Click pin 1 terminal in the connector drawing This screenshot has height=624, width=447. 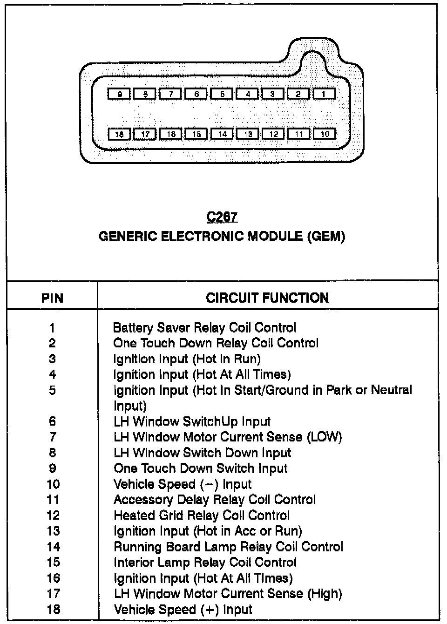click(324, 94)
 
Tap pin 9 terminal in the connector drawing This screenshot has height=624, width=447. click(120, 94)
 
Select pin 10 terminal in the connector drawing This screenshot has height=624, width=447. click(325, 134)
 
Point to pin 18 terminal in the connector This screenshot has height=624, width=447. click(120, 134)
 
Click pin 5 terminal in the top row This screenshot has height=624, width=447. click(222, 94)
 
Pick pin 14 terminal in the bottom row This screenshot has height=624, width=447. click(222, 134)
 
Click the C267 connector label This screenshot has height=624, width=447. click(222, 217)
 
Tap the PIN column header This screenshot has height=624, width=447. click(52, 298)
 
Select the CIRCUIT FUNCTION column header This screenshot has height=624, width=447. click(267, 298)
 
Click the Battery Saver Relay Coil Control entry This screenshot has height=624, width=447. click(204, 328)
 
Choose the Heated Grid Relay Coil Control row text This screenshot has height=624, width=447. click(202, 515)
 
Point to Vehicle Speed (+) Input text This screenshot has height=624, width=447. click(183, 610)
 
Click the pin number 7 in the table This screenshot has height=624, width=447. click(53, 437)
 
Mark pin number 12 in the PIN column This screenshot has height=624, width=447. click(53, 515)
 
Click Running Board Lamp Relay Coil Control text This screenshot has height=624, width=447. click(228, 547)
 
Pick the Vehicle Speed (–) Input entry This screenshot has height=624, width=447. click(183, 484)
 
